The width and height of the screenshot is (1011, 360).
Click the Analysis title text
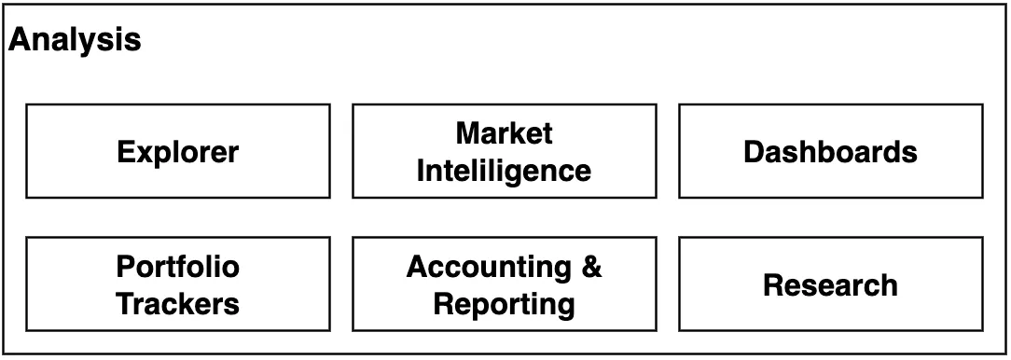click(x=75, y=41)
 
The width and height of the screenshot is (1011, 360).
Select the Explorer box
click(x=178, y=151)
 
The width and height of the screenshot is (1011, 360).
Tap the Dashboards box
click(x=831, y=151)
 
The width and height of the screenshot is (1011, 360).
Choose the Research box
click(x=831, y=284)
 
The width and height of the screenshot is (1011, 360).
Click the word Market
click(x=505, y=133)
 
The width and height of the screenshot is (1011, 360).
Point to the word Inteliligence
click(x=505, y=171)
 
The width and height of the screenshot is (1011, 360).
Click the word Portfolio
click(x=178, y=266)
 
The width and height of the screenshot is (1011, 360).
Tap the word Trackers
click(x=178, y=303)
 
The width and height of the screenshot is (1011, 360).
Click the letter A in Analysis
click(x=20, y=40)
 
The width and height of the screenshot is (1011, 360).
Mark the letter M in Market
click(x=468, y=133)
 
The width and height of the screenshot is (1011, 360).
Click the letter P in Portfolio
click(x=127, y=267)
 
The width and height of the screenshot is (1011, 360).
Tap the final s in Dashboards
click(x=909, y=155)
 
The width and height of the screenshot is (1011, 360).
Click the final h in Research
click(x=889, y=285)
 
